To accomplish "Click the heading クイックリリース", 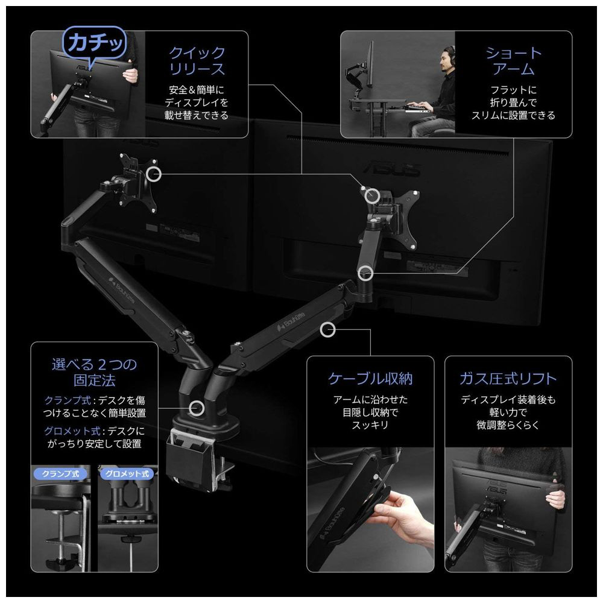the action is (x=197, y=61).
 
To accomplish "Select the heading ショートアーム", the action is (x=513, y=61).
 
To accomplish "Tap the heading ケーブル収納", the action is (x=370, y=379).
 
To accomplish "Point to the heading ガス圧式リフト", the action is (x=508, y=379).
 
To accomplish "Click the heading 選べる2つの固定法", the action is (x=94, y=372).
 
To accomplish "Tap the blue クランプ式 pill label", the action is (x=60, y=473).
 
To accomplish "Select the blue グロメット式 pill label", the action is (x=127, y=473).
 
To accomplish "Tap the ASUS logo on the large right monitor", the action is (x=391, y=168).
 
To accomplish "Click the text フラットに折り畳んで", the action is (x=513, y=96).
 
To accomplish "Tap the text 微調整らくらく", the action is (x=508, y=425).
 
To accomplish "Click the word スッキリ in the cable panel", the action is (x=370, y=425).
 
